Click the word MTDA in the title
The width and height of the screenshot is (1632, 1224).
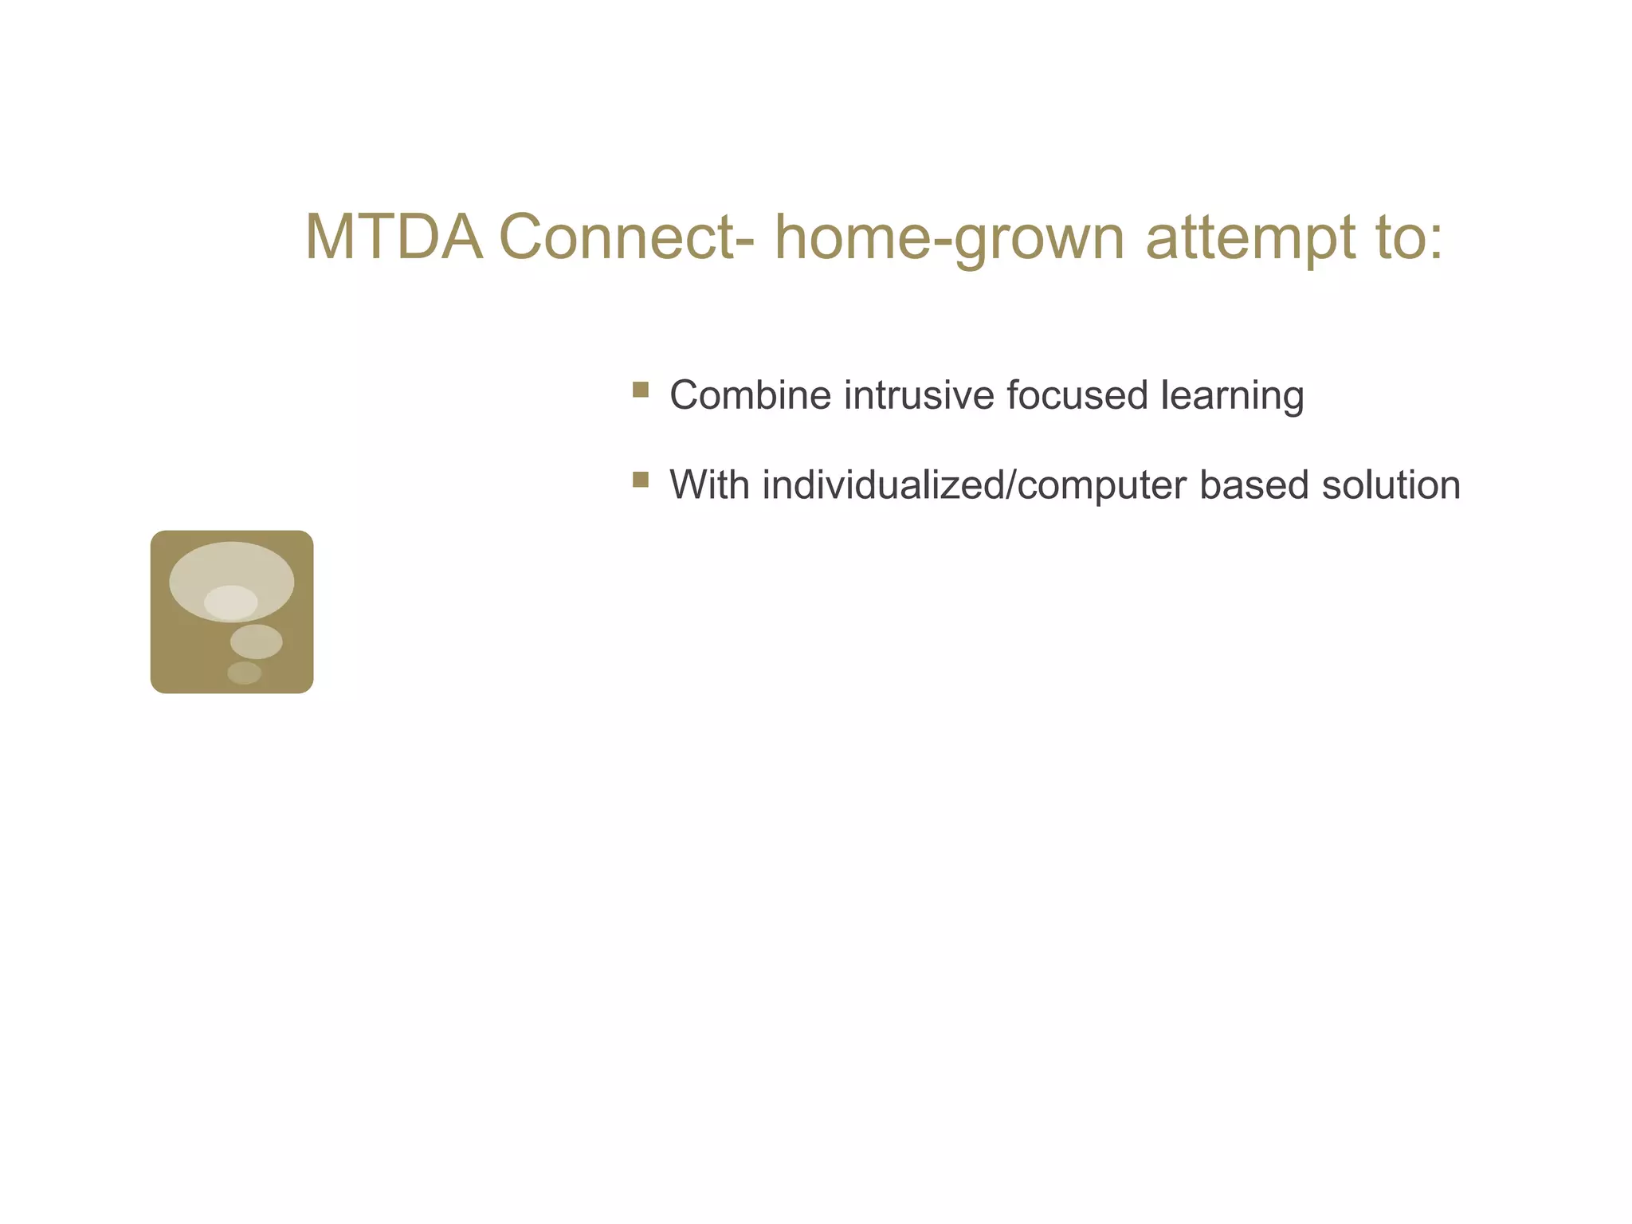394,237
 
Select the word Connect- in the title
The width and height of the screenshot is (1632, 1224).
627,237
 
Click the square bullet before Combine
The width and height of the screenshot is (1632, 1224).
640,390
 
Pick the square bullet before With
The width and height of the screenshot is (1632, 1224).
640,480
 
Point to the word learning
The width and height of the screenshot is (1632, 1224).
1232,397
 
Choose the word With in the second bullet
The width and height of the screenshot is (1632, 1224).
709,484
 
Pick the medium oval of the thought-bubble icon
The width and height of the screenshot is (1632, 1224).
256,641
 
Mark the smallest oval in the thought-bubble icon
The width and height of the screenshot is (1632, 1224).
244,673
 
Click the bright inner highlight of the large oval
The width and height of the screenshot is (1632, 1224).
230,602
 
